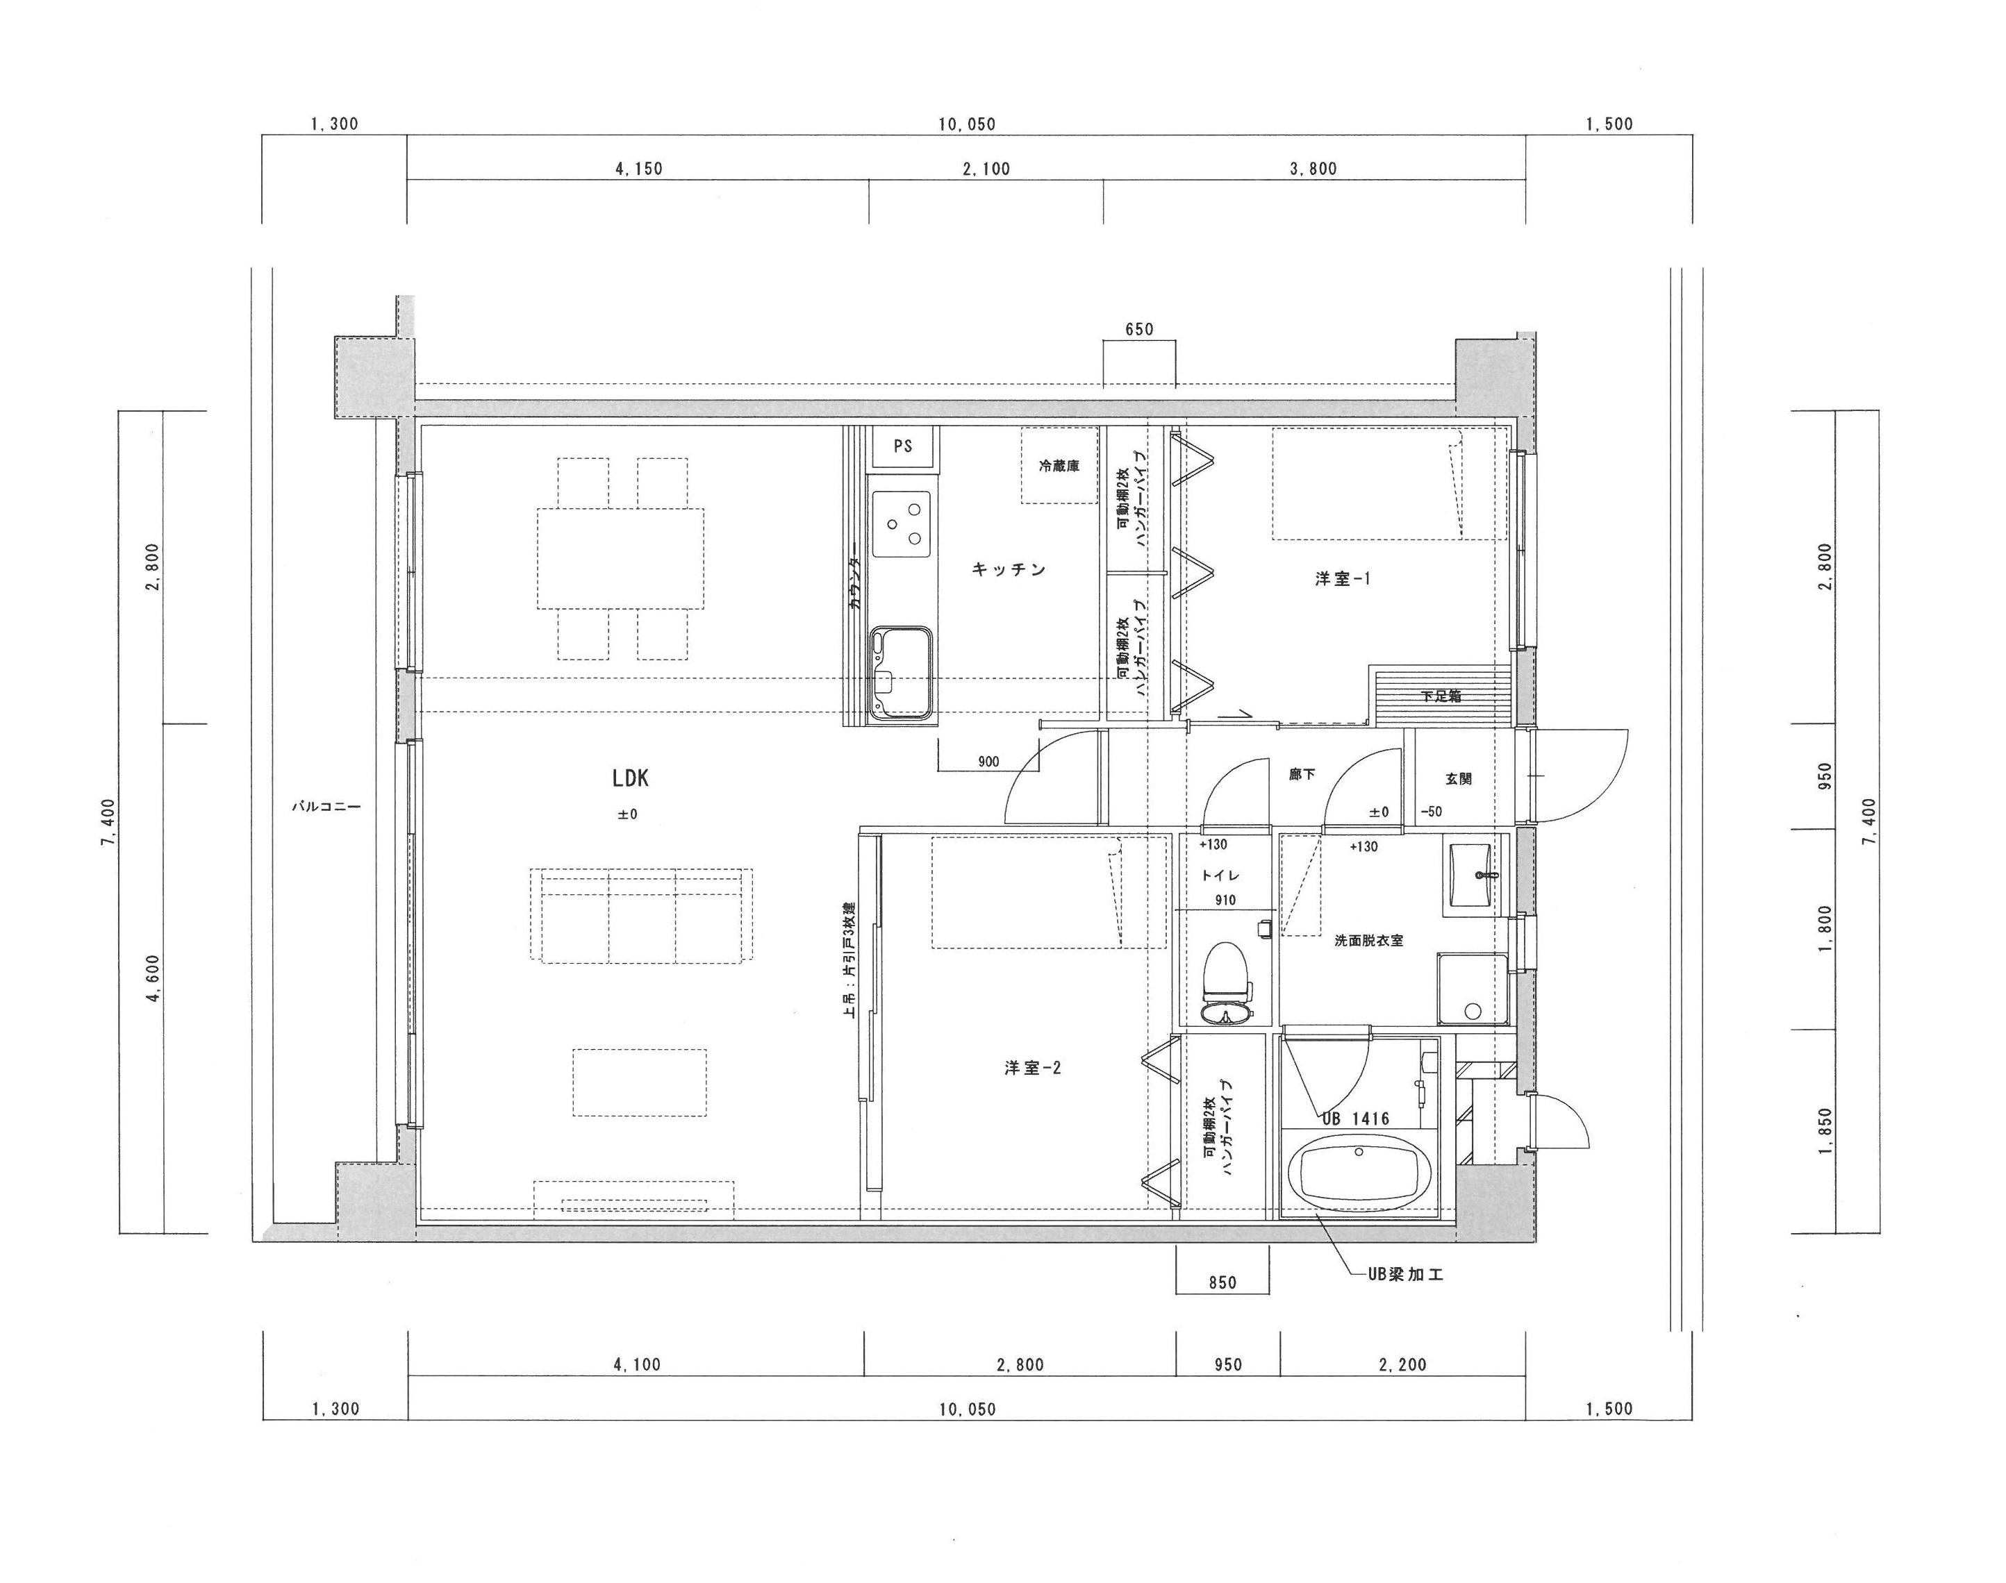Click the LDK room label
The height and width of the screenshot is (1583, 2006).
click(x=631, y=778)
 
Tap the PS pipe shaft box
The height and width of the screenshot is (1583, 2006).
click(x=903, y=446)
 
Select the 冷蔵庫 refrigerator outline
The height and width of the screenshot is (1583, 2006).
click(x=1059, y=465)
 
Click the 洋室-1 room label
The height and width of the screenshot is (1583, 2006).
click(x=1341, y=579)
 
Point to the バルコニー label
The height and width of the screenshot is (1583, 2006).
click(x=326, y=806)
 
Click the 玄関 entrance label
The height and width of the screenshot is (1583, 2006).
click(x=1458, y=778)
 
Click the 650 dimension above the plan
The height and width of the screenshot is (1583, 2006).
click(x=1138, y=330)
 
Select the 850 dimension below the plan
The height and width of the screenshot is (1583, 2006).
click(x=1222, y=1282)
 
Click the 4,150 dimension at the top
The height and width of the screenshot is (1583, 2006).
click(x=639, y=169)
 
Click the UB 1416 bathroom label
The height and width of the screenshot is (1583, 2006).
click(x=1355, y=1119)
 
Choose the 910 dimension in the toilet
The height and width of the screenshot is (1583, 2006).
click(x=1225, y=900)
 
